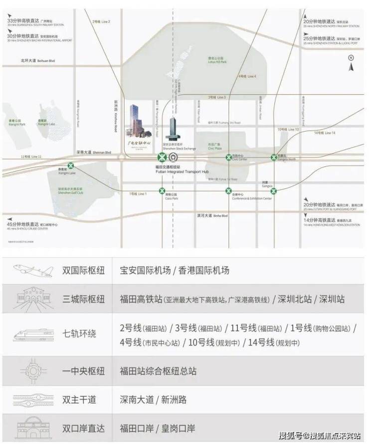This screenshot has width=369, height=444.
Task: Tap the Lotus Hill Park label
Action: point(217,60)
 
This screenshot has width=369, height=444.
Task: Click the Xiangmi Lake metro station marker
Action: point(71,165)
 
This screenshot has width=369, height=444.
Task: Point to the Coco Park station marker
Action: point(162,190)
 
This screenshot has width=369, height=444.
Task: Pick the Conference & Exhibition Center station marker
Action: point(228,190)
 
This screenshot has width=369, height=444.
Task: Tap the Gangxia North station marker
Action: point(274,157)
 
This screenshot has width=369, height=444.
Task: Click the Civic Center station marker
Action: point(228,157)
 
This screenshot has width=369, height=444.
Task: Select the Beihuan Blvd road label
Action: point(37,60)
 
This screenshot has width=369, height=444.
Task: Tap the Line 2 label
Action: point(101,21)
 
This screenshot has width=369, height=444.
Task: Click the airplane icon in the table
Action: point(33,271)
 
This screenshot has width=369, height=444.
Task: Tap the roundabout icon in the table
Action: point(33,371)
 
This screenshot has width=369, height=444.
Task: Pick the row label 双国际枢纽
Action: point(83,271)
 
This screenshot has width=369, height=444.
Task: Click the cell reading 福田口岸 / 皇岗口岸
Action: point(157,428)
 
